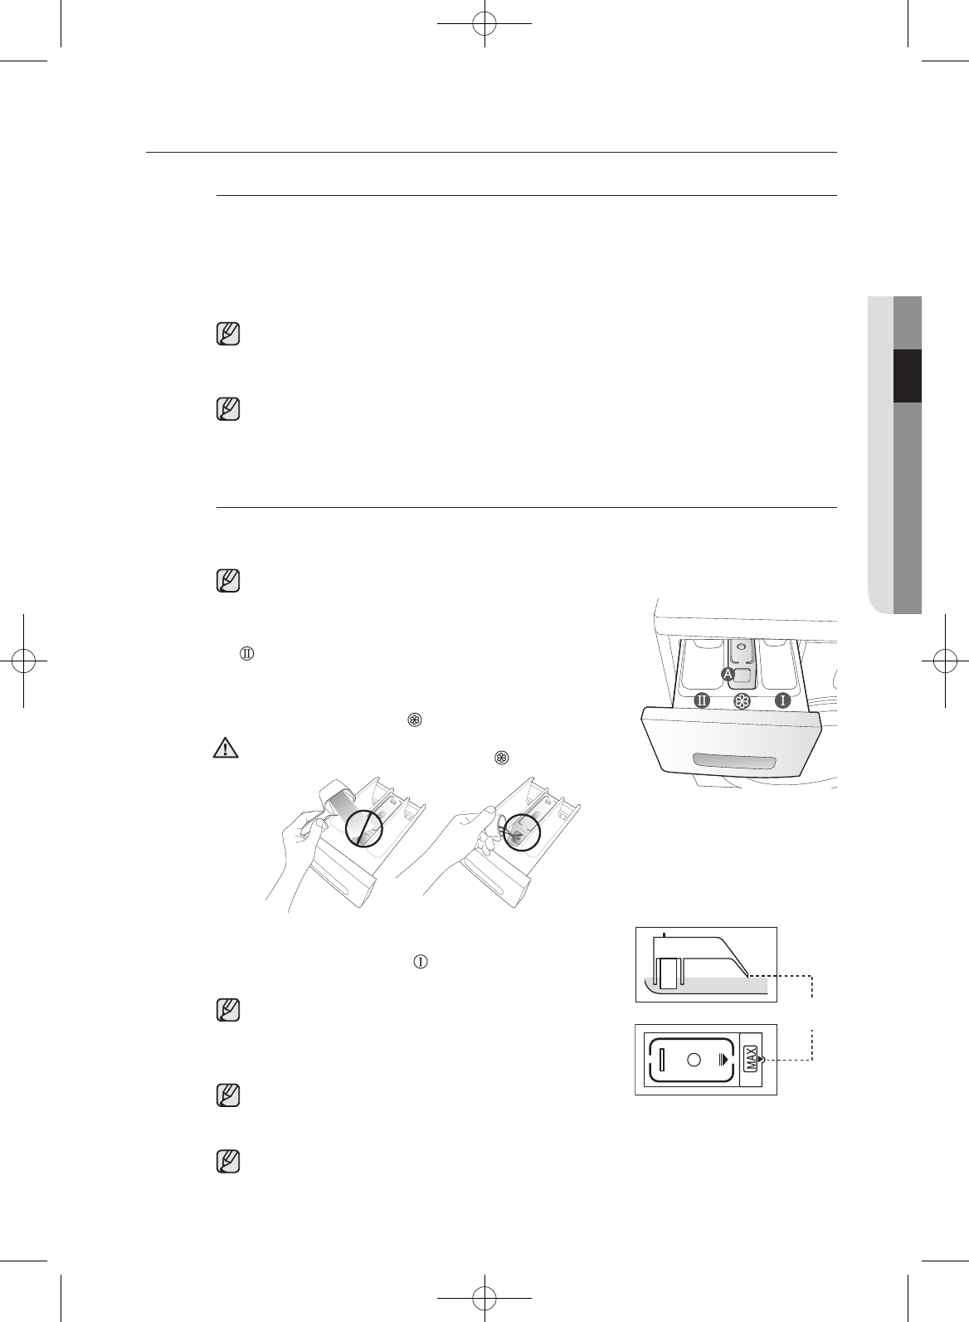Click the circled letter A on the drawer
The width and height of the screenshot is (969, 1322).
[x=728, y=674]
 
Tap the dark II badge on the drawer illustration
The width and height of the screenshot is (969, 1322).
[x=702, y=700]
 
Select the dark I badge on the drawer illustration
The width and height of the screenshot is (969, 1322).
[x=782, y=700]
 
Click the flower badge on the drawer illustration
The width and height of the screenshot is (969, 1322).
[x=742, y=701]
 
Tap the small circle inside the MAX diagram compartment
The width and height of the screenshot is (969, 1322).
[x=694, y=1060]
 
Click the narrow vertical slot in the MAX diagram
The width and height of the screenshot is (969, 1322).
[x=662, y=1060]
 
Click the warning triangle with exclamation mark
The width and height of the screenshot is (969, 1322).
[x=226, y=748]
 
